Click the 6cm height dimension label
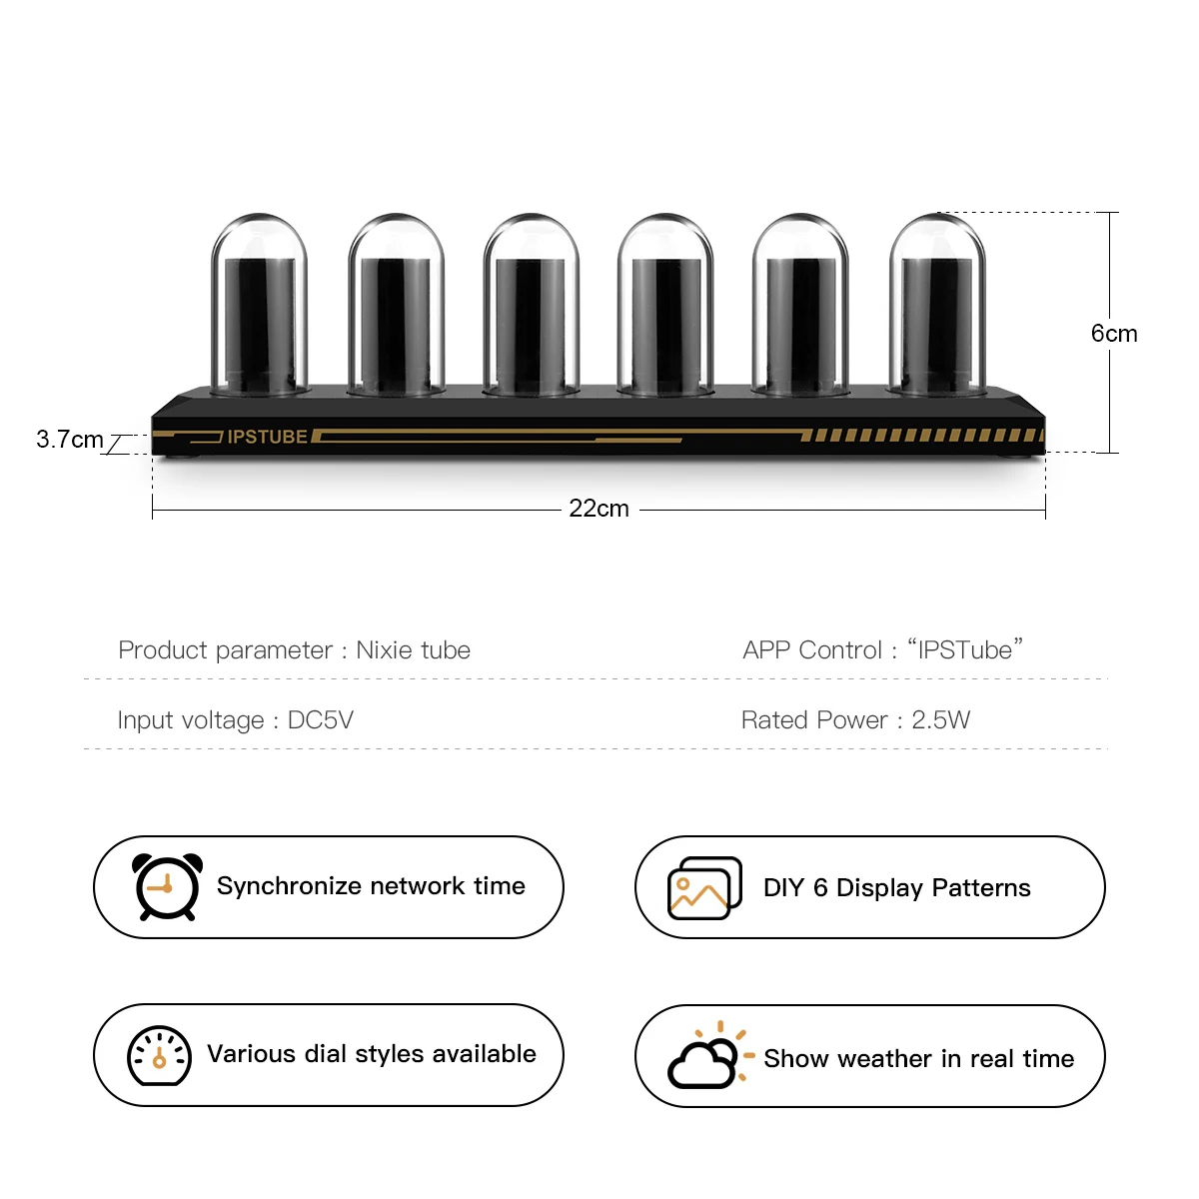(x=1113, y=334)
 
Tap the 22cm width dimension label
(x=599, y=509)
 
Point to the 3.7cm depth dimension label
(x=69, y=440)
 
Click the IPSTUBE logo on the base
(x=267, y=437)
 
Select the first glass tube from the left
(x=260, y=305)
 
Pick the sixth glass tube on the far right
(x=936, y=305)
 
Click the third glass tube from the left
(x=531, y=305)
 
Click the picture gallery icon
(x=704, y=887)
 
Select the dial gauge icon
(x=159, y=1055)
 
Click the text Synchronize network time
(x=371, y=886)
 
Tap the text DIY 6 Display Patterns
(x=896, y=888)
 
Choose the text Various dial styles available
(x=371, y=1054)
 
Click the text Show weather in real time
(x=918, y=1059)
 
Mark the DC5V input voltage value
(x=321, y=720)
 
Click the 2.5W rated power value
(x=940, y=720)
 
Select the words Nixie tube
(x=413, y=650)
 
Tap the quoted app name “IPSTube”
(x=964, y=649)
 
